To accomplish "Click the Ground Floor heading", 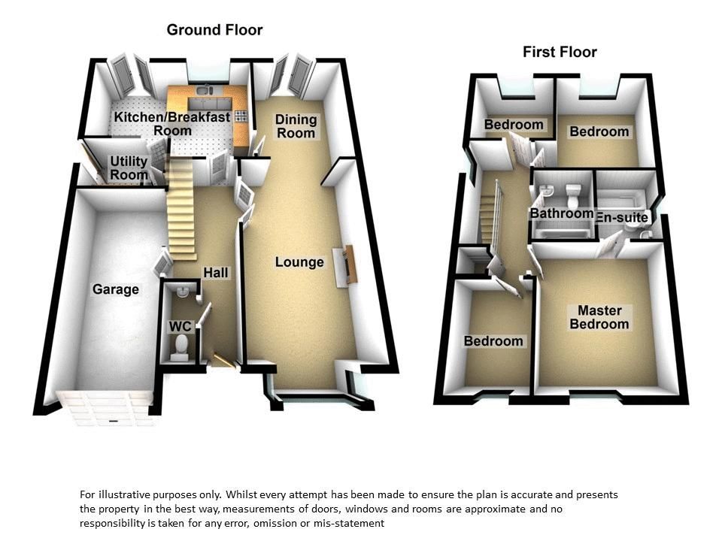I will click(214, 30).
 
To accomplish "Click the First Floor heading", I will click(560, 52).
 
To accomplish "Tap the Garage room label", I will click(116, 289).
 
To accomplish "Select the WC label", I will click(179, 327).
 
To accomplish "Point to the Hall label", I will click(216, 273).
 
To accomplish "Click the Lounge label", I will click(299, 262).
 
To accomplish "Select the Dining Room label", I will click(296, 126).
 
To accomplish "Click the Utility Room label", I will click(129, 168).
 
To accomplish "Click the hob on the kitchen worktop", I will click(241, 116).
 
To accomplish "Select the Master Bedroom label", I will click(599, 317).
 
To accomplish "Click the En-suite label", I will click(622, 217).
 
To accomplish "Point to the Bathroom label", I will click(562, 213).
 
